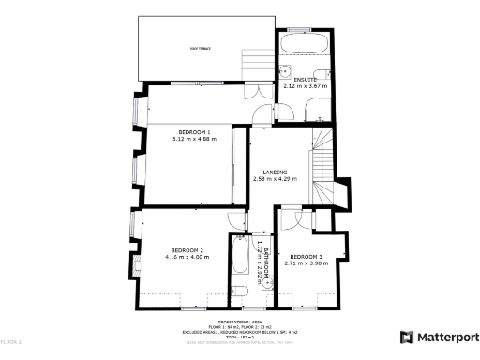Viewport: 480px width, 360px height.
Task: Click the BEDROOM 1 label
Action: [194, 132]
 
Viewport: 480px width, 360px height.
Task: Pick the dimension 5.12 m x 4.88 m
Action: [194, 139]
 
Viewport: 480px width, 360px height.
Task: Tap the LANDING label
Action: [275, 172]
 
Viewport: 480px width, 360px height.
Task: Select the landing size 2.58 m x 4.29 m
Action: [275, 179]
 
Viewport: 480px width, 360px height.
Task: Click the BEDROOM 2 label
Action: [185, 249]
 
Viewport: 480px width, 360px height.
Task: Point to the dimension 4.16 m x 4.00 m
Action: [185, 256]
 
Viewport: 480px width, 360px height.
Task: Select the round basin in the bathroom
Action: [238, 291]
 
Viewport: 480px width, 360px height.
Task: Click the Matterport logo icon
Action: [406, 337]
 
